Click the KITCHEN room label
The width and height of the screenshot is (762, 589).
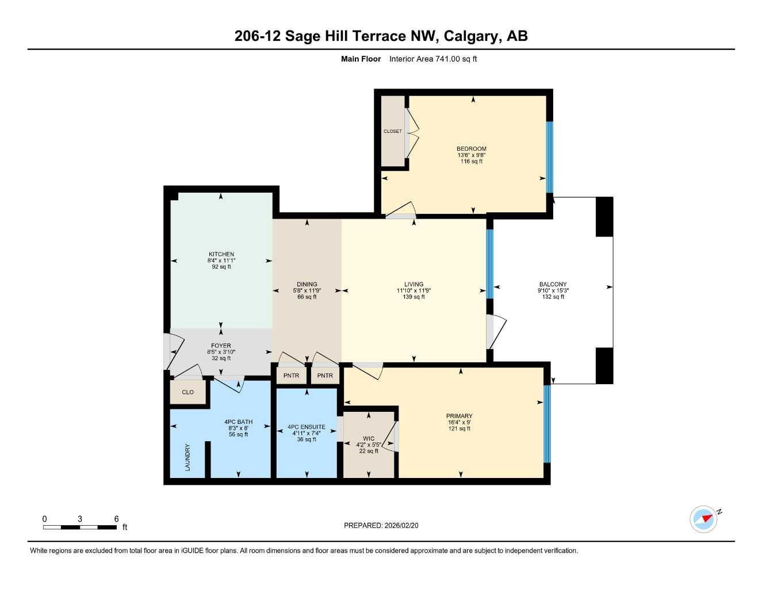[221, 254]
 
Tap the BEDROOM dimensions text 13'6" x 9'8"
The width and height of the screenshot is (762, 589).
[472, 155]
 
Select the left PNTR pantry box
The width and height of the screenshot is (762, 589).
[292, 376]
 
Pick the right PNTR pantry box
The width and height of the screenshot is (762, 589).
[325, 376]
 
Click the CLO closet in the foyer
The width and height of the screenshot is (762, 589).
[187, 392]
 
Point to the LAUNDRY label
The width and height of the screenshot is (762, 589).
[187, 457]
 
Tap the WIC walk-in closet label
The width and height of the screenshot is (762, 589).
[369, 439]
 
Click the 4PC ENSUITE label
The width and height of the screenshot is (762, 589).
[307, 427]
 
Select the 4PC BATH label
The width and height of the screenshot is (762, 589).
[238, 422]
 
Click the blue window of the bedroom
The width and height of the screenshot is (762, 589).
[549, 156]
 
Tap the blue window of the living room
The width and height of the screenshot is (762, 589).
[490, 263]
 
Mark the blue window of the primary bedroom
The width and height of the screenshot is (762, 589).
[547, 424]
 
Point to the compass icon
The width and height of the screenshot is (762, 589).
[704, 519]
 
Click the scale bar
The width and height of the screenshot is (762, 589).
[80, 527]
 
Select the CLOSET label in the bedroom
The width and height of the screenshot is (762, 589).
[393, 131]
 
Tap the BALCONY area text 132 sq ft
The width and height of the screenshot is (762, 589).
[553, 297]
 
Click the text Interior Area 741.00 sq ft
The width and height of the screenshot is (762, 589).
[433, 59]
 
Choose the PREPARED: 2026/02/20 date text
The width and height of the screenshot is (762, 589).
[381, 525]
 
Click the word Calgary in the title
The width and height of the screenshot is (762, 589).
[475, 36]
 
